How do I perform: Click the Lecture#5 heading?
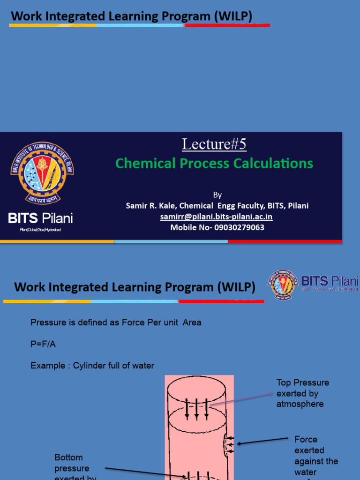coord(214,144)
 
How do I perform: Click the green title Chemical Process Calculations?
coord(214,163)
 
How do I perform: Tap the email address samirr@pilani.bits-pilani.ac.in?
coord(216,217)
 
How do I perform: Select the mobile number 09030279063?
coord(239,227)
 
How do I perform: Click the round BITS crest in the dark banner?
coord(42,172)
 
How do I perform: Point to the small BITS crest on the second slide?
coord(283,285)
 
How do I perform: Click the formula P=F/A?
coord(43,344)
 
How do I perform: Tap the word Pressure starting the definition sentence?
coord(46,322)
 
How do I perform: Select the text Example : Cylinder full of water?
coord(92,366)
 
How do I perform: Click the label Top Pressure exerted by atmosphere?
coord(302,393)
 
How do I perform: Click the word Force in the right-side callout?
coord(306,440)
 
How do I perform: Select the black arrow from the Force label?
coord(262,441)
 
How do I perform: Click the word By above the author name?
coord(217,195)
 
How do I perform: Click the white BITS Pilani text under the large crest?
coord(41,218)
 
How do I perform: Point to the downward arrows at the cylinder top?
coord(196,409)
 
